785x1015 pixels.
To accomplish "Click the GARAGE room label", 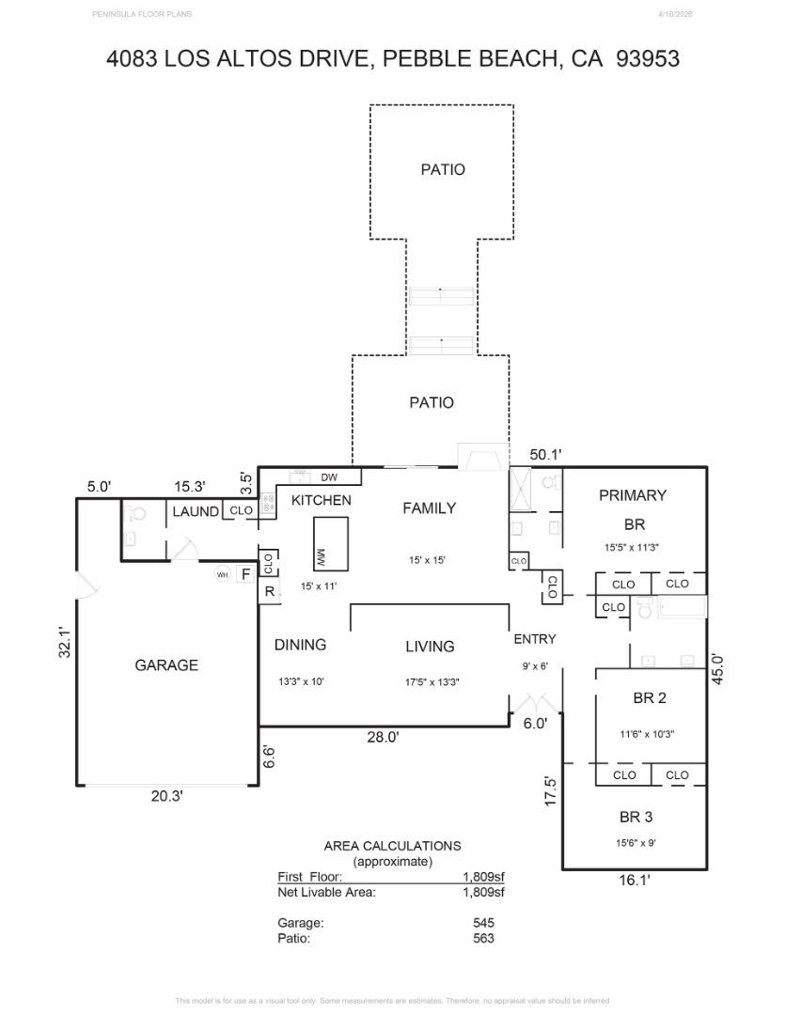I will tap(166, 665).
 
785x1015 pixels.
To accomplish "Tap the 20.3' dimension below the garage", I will tap(166, 796).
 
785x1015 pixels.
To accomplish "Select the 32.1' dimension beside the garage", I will tap(65, 643).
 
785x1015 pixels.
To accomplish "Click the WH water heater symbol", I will tap(223, 574).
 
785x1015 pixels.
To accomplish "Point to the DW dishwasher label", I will tap(329, 477).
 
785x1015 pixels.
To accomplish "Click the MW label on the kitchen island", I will tap(320, 557).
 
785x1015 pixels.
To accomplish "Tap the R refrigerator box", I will tap(268, 592).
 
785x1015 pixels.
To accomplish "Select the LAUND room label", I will tap(196, 512).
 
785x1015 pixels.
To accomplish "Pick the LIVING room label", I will tap(430, 647).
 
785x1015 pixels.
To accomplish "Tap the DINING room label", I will tap(300, 645).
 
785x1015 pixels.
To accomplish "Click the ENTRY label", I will tap(534, 639).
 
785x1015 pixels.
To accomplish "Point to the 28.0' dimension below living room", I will tap(383, 738).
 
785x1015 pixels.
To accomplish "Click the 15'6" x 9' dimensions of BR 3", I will tap(630, 843).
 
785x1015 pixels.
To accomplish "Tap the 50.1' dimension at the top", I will tap(545, 455).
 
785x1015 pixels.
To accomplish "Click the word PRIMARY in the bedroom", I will tap(632, 495).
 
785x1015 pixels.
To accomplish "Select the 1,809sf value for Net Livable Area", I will tap(483, 892).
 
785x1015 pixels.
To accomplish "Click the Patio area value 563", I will tap(483, 937).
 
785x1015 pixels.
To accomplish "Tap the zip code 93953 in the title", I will tap(647, 59).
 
